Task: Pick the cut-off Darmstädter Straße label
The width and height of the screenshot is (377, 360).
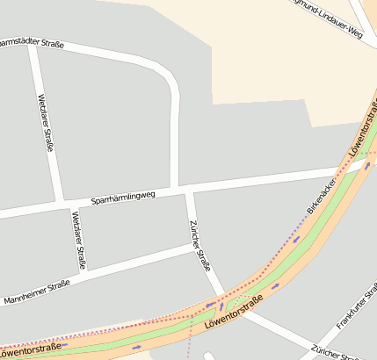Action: pos(32,41)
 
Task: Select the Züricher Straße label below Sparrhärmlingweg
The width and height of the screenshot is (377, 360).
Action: pos(200,245)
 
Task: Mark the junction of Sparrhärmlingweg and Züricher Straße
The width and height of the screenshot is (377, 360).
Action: pos(187,190)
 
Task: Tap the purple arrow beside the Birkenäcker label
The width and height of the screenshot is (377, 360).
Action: pos(297,238)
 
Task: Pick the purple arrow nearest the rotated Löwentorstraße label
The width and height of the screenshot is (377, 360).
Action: pos(367,166)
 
